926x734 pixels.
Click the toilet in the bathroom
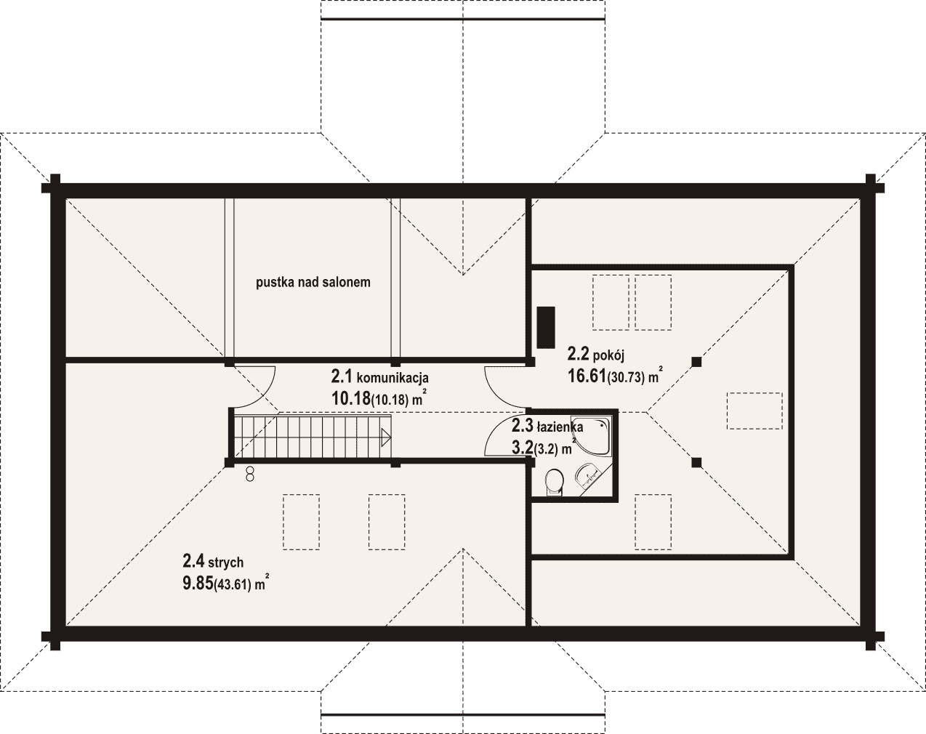pyautogui.click(x=555, y=482)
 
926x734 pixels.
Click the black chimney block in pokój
pyautogui.click(x=546, y=327)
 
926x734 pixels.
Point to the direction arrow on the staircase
pyautogui.click(x=385, y=437)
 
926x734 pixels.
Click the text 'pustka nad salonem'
pyautogui.click(x=313, y=282)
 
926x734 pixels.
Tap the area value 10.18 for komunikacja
pyautogui.click(x=350, y=399)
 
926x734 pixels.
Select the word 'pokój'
pyautogui.click(x=608, y=356)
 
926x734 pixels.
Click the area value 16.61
pyautogui.click(x=587, y=376)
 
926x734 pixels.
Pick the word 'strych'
pyautogui.click(x=226, y=562)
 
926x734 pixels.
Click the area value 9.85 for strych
pyautogui.click(x=198, y=584)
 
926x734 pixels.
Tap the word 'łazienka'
pyautogui.click(x=560, y=427)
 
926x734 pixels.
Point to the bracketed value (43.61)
pyautogui.click(x=232, y=585)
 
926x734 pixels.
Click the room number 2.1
pyautogui.click(x=342, y=377)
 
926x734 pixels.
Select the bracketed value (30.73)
pyautogui.click(x=626, y=378)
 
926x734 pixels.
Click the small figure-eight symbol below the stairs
pyautogui.click(x=249, y=475)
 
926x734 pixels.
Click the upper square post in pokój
pyautogui.click(x=696, y=361)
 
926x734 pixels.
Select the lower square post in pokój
pyautogui.click(x=696, y=463)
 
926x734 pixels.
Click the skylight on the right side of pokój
pyautogui.click(x=754, y=411)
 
